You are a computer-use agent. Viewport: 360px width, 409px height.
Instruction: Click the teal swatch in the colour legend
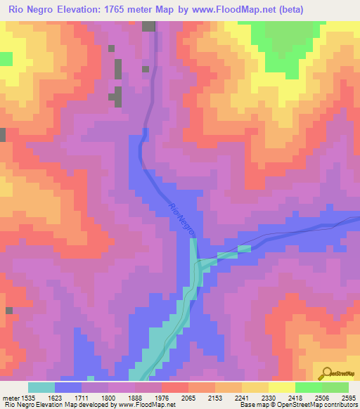point(41,387)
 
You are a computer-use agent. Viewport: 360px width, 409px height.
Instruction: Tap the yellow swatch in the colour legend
point(281,387)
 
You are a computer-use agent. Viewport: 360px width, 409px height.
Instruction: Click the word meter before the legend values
point(11,397)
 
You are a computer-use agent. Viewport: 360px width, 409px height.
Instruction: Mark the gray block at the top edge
point(148,26)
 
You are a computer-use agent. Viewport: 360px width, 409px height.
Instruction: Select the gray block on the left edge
point(3,135)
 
